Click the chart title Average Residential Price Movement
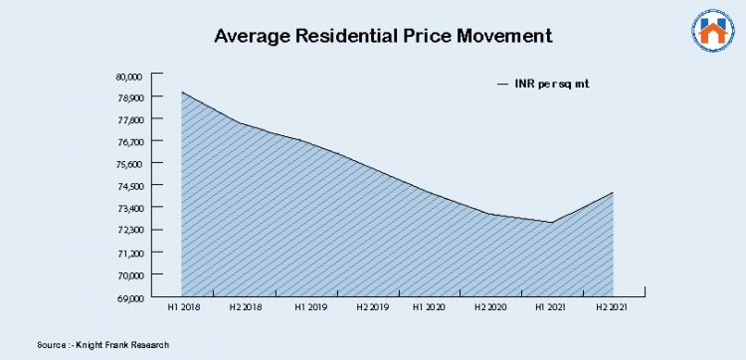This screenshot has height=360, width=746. point(383,37)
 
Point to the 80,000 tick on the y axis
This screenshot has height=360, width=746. point(130,76)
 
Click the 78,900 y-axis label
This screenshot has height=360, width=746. point(130,97)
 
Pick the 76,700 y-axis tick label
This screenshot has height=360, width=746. point(130,142)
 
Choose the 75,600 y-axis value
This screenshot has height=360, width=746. point(130,164)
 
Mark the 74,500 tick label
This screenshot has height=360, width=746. point(130,186)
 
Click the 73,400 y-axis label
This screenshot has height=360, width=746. point(130,208)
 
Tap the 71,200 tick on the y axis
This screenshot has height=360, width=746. point(130,253)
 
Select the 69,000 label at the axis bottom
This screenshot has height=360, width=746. point(130,297)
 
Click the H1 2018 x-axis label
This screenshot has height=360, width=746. point(183,308)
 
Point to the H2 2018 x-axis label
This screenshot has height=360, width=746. point(245,308)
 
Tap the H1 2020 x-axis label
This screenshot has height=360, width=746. point(429,308)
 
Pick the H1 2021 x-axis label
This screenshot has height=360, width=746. point(551,308)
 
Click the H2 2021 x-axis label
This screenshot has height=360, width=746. point(613,308)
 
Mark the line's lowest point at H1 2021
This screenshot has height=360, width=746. point(551,223)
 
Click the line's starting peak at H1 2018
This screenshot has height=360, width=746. point(182,92)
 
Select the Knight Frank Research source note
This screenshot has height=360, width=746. point(96,344)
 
